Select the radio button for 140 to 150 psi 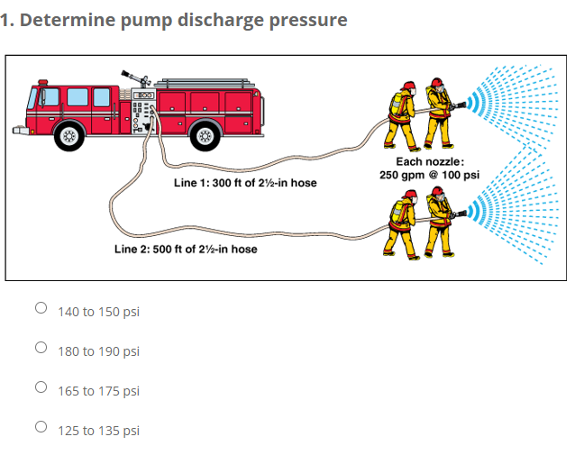(x=41, y=308)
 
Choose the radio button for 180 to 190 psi (x=41, y=348)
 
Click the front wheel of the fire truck (x=68, y=137)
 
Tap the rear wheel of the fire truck (x=205, y=137)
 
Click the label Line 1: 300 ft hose (x=244, y=183)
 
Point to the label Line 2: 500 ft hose (x=185, y=249)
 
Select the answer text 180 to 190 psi (x=98, y=351)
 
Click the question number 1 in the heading (x=6, y=20)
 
